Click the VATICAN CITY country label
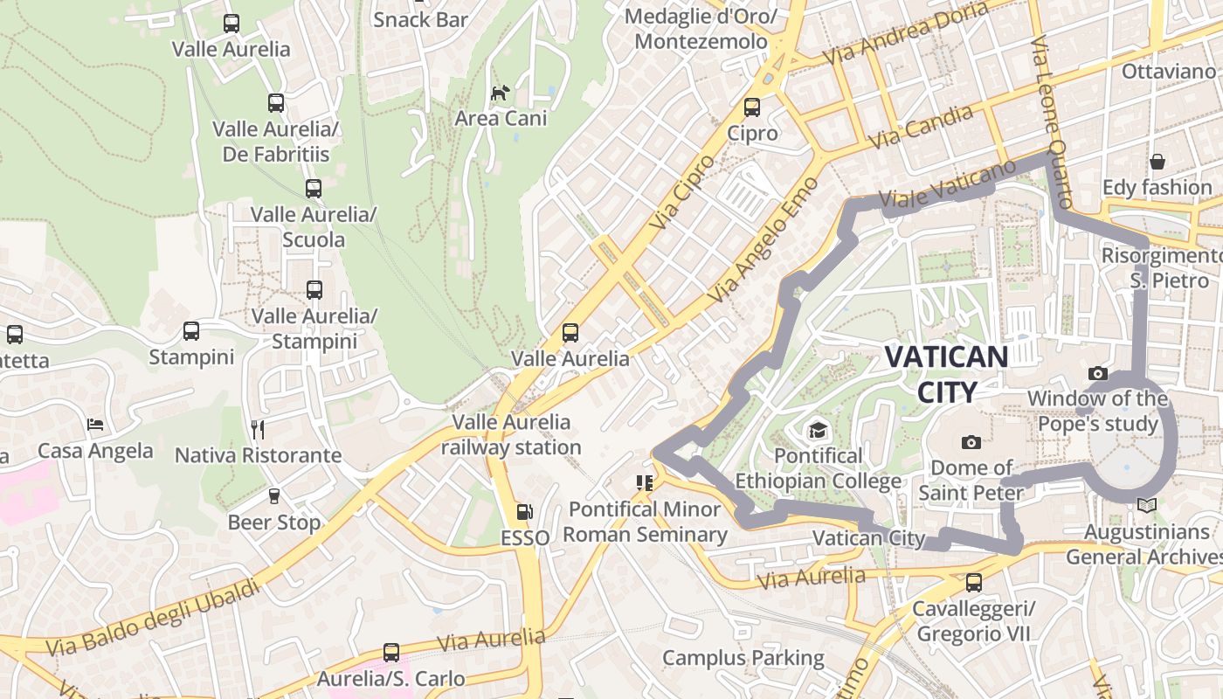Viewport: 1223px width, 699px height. (946, 373)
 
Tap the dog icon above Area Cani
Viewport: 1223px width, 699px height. (500, 93)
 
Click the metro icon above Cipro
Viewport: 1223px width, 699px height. (751, 107)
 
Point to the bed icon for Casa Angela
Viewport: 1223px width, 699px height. (95, 425)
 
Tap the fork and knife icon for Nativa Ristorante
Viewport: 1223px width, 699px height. (257, 429)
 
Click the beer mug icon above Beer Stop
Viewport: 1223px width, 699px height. (274, 496)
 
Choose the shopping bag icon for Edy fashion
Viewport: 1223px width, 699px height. (1157, 161)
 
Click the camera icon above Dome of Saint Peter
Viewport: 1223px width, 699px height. (971, 442)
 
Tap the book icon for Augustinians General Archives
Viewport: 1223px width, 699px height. (1147, 506)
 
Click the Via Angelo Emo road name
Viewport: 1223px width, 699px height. (763, 240)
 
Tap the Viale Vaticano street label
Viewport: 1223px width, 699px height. (948, 184)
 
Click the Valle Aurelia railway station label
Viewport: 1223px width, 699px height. (511, 434)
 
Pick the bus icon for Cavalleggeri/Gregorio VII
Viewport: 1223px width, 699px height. (973, 582)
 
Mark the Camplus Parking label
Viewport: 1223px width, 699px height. (743, 658)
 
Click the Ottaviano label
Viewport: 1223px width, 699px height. (1168, 71)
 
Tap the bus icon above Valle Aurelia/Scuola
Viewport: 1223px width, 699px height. (313, 188)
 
